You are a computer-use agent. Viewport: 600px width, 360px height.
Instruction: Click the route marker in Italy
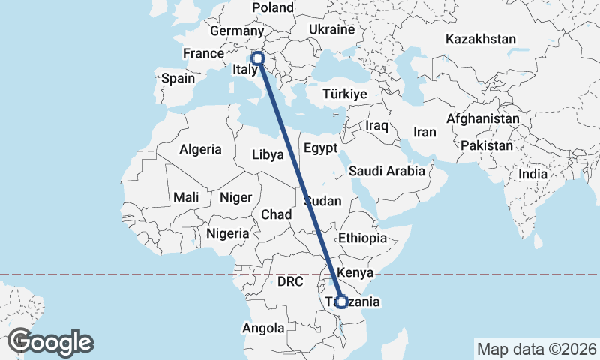click(x=257, y=58)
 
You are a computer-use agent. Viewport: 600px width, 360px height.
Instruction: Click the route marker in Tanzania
click(x=341, y=301)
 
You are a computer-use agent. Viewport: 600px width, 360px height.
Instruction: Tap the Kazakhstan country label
click(x=480, y=39)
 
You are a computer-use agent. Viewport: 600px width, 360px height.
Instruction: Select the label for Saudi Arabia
click(x=387, y=171)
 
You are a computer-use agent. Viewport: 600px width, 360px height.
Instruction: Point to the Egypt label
click(x=321, y=148)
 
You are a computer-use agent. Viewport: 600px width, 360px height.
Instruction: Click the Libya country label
click(x=268, y=155)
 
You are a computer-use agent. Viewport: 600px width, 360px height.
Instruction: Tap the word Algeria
click(x=200, y=149)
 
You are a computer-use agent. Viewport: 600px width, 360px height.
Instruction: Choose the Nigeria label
click(x=227, y=233)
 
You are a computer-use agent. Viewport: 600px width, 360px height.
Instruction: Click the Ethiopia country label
click(x=362, y=238)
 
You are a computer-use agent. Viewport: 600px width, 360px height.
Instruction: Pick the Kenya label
click(x=355, y=271)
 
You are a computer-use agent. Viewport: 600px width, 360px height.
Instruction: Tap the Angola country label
click(x=263, y=328)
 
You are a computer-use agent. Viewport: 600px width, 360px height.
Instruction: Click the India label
click(x=533, y=174)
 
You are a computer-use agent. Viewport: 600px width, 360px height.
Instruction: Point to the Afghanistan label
click(x=482, y=118)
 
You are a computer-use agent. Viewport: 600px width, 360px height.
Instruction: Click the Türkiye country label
click(x=344, y=94)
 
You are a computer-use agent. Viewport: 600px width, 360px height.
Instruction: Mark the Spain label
click(x=178, y=78)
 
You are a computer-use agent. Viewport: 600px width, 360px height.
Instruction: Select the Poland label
click(x=273, y=7)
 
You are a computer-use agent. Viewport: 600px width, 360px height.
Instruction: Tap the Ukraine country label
click(x=331, y=30)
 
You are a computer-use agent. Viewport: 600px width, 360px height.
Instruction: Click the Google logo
click(x=51, y=341)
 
